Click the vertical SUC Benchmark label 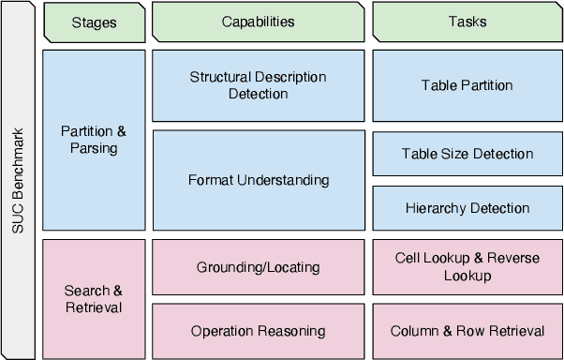(x=18, y=180)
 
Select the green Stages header (x=94, y=22)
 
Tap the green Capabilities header (x=259, y=22)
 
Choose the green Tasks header (x=468, y=22)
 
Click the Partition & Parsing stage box (x=94, y=141)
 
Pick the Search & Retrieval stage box (x=94, y=299)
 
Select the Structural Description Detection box (x=259, y=85)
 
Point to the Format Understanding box (x=259, y=180)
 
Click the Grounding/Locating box (x=259, y=267)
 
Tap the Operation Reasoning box (x=259, y=331)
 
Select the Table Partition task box (x=468, y=85)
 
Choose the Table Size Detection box (x=468, y=154)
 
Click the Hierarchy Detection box (x=468, y=208)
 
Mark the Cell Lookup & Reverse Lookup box (x=468, y=267)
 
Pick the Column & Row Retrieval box (x=468, y=331)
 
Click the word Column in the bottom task (x=413, y=331)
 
